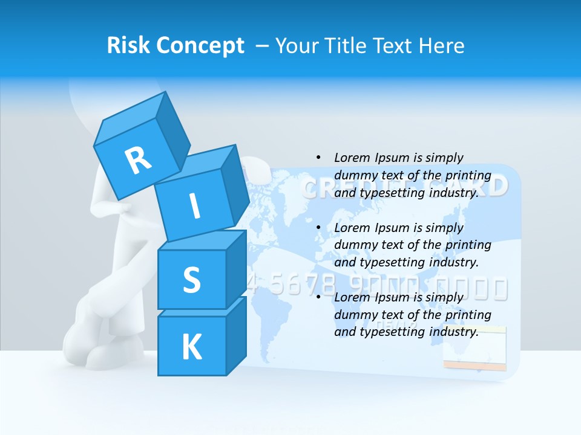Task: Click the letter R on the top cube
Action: click(x=139, y=160)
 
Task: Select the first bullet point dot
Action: click(x=318, y=158)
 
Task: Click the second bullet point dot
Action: click(x=318, y=228)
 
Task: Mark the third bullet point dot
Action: click(x=318, y=297)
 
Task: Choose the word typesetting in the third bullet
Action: click(x=392, y=332)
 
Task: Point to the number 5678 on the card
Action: click(x=298, y=284)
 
